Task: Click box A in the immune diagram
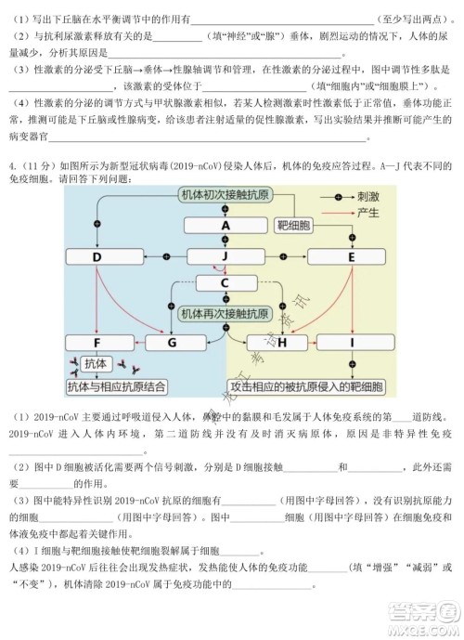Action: coord(226,226)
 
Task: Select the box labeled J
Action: coord(226,257)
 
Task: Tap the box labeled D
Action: coord(97,257)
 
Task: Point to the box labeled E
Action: coord(353,257)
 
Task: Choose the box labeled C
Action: coord(226,283)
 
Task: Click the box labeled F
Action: coord(97,343)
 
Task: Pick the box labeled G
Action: coord(173,343)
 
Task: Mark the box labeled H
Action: coord(278,343)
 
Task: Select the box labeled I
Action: coord(353,343)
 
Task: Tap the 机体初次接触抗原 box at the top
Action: coord(226,196)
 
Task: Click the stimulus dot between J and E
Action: coord(290,257)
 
